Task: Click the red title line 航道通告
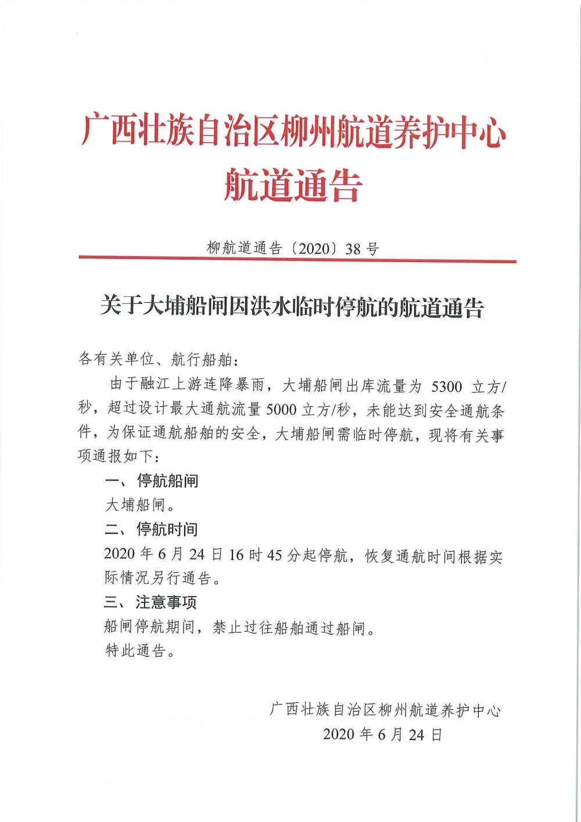tap(293, 185)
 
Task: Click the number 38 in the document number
tap(353, 249)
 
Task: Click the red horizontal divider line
tap(297, 261)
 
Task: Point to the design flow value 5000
tap(281, 410)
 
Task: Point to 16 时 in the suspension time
tap(244, 554)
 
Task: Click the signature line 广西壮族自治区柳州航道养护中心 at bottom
tap(385, 710)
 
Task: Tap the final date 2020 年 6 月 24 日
tap(383, 734)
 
